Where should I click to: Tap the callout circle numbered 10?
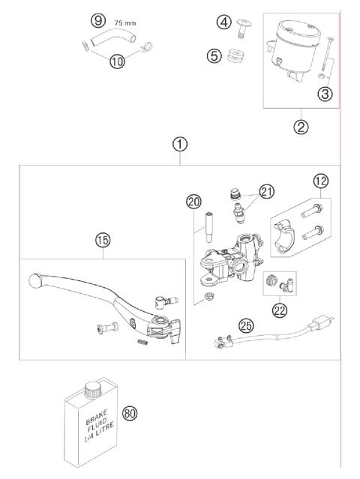point(116,61)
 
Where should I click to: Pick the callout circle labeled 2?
point(301,127)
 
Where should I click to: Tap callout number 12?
point(320,180)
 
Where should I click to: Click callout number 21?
point(268,192)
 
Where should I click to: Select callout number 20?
point(195,201)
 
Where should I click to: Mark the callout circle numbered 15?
point(102,240)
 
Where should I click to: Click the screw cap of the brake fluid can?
point(92,389)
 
